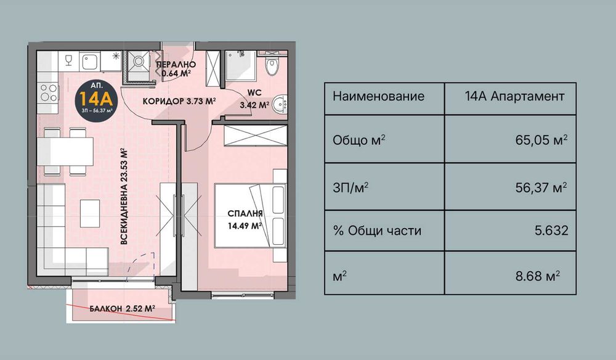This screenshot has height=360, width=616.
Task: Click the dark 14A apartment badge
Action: click(93, 99)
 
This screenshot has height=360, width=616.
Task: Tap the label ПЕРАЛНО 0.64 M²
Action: click(176, 70)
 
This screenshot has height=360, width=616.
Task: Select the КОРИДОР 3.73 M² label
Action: click(179, 102)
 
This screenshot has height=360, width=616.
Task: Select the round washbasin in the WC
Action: click(280, 104)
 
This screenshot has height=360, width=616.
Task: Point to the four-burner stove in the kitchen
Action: click(48, 94)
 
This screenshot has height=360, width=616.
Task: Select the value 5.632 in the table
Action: click(552, 231)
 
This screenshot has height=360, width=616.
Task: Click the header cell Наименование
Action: click(378, 97)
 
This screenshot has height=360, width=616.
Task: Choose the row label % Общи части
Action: click(376, 231)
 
